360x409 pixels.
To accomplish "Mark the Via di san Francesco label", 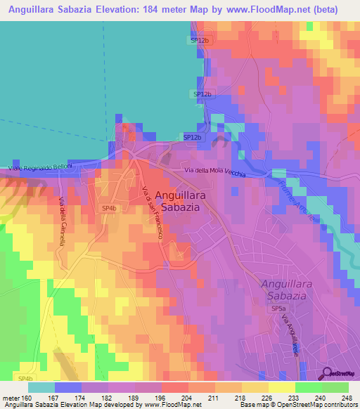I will pos(153,214).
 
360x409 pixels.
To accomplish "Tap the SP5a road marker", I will pos(278,309).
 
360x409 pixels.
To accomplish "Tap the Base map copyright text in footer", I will pos(297,405).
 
